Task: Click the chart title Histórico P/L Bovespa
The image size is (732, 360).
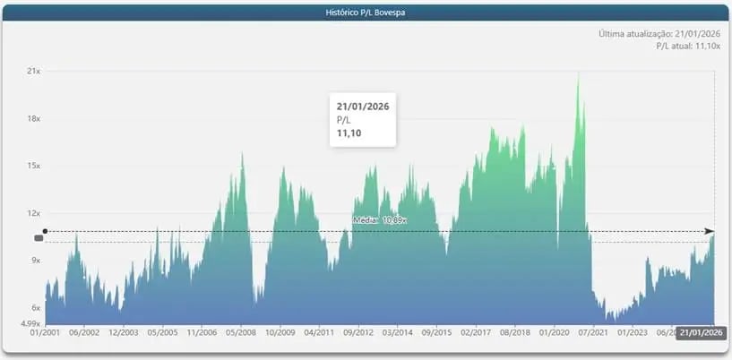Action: (366, 13)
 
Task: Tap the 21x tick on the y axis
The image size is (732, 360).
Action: (34, 71)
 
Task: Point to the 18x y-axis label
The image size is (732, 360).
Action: (34, 118)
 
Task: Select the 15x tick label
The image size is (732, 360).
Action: (34, 166)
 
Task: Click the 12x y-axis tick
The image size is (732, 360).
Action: (34, 213)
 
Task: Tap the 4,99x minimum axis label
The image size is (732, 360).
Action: (31, 323)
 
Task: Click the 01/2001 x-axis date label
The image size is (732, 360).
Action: (45, 332)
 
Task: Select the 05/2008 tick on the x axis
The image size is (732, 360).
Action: (241, 332)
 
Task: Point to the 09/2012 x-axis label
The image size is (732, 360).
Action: (358, 332)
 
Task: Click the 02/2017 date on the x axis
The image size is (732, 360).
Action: (476, 332)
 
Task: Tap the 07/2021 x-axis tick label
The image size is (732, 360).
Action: (592, 332)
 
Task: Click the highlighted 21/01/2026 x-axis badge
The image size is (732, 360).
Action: (702, 332)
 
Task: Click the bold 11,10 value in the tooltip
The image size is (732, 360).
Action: (349, 133)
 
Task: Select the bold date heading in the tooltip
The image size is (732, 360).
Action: (363, 107)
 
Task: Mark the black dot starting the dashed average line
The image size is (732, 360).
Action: (45, 231)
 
